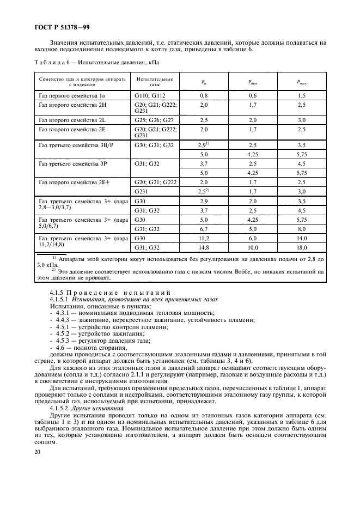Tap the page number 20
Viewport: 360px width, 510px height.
(36, 467)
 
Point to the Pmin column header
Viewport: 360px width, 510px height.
(253, 82)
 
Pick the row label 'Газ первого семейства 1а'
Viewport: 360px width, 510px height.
(71, 95)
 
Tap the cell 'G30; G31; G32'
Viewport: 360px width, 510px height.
(154, 146)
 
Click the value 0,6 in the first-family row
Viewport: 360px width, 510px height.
(253, 95)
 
